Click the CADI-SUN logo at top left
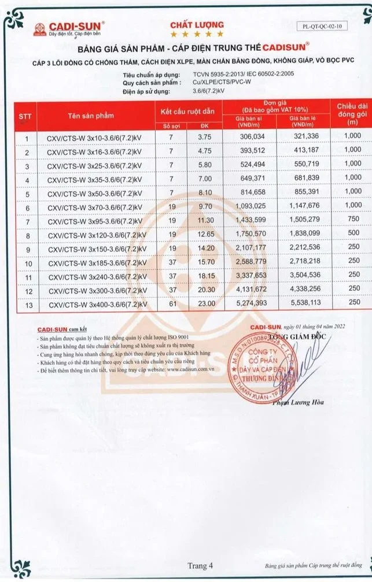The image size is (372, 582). click(68, 28)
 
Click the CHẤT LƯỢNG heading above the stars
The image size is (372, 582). click(196, 24)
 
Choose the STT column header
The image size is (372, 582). click(25, 116)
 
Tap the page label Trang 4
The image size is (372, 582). click(200, 565)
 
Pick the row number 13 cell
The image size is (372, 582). click(27, 302)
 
